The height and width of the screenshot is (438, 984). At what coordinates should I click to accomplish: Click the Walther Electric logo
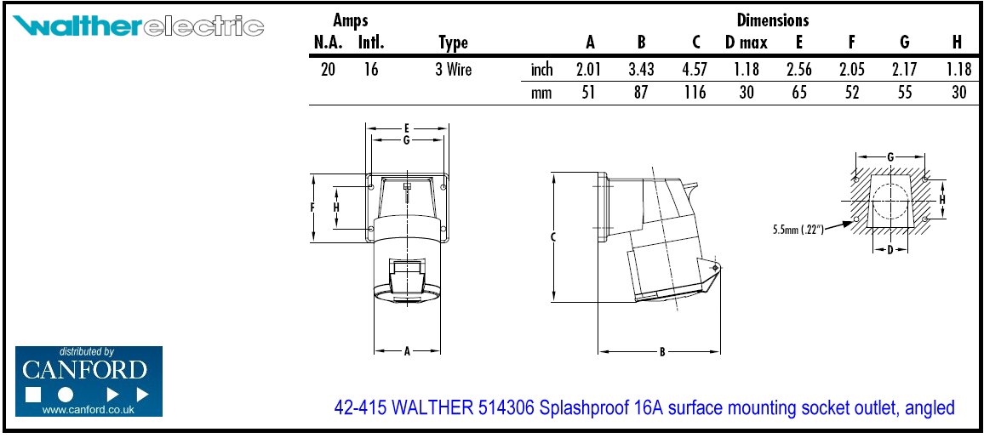(138, 27)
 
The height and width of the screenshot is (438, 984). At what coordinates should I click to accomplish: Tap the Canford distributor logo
(89, 381)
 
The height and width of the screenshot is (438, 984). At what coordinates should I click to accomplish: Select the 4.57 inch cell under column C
(694, 70)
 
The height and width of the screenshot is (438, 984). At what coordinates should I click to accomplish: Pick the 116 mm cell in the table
(694, 94)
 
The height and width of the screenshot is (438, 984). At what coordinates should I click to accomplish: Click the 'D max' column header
(747, 43)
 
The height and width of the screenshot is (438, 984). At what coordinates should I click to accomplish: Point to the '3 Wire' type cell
(453, 70)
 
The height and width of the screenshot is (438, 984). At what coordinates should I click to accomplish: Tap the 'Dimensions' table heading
(773, 20)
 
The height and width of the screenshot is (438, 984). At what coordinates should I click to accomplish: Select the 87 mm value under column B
(641, 94)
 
